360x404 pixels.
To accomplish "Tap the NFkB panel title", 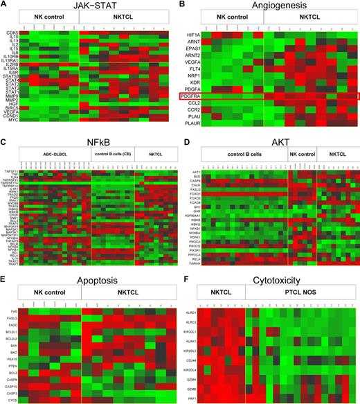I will [x=92, y=141].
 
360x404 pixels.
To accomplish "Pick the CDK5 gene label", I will [x=12, y=33].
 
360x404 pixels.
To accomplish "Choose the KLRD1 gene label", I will [x=197, y=313].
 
